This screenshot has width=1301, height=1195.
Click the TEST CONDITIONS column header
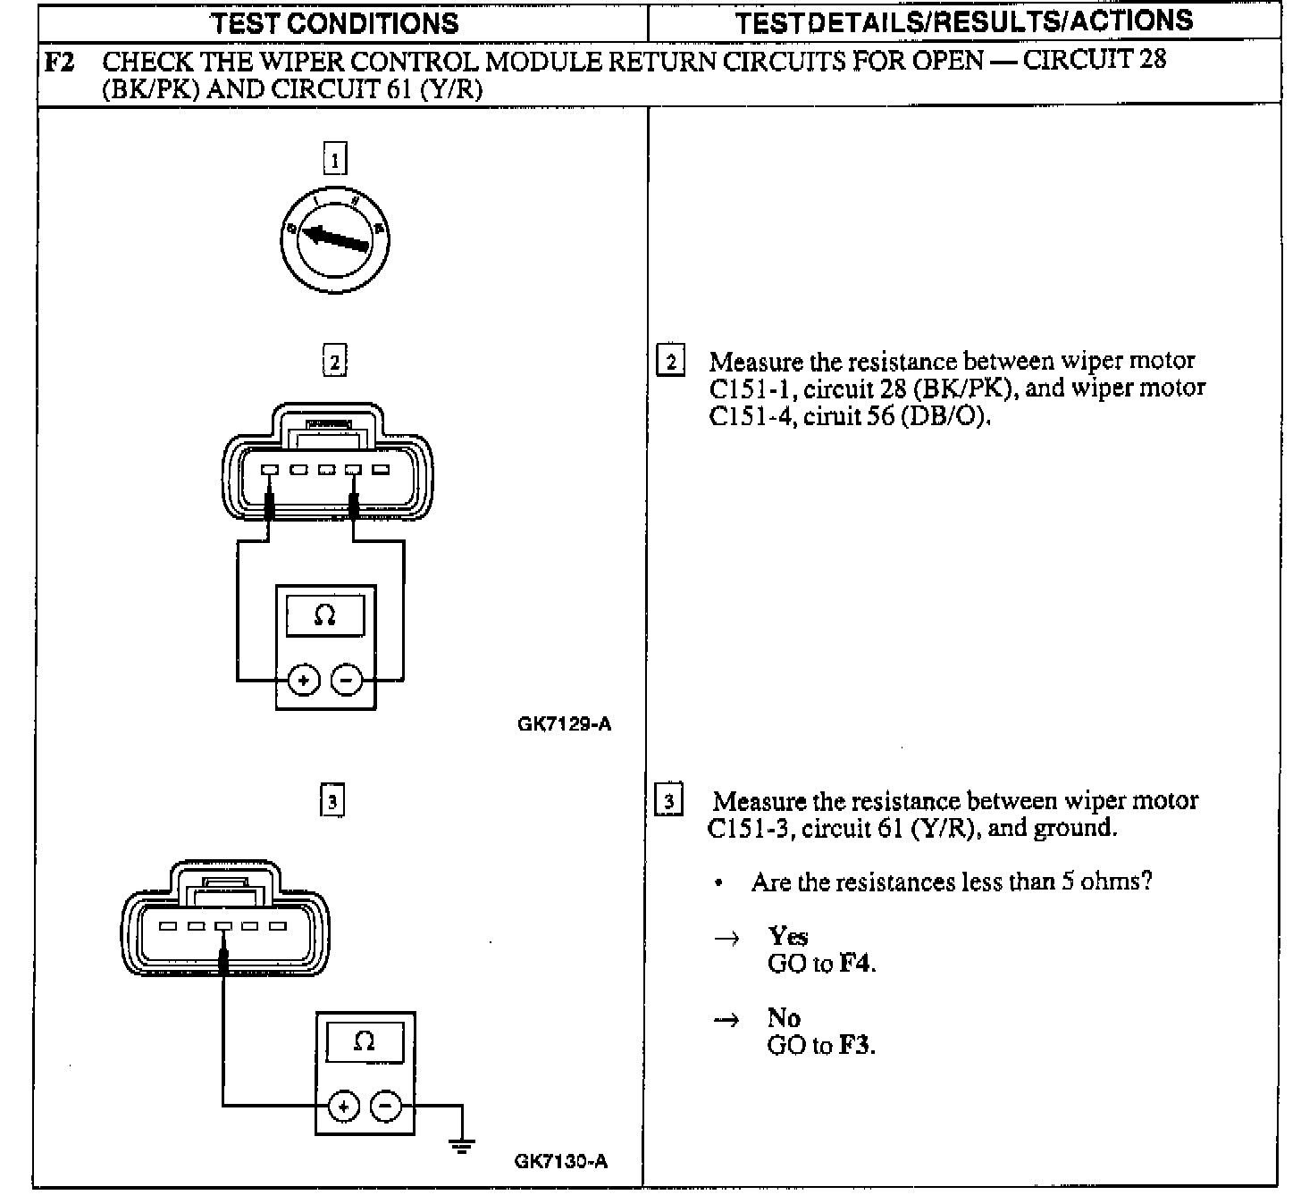click(x=335, y=22)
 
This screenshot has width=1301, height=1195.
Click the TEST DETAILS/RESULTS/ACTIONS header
click(x=963, y=21)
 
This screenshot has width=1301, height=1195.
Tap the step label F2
click(x=59, y=63)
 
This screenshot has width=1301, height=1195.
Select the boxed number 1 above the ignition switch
click(x=334, y=160)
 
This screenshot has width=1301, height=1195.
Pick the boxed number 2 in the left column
click(x=334, y=362)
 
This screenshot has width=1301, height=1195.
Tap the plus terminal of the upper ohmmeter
click(x=304, y=681)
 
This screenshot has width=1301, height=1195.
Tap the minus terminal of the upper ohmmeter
click(x=347, y=681)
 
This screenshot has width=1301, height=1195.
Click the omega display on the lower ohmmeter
click(x=364, y=1041)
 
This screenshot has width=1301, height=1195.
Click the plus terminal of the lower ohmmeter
click(x=342, y=1107)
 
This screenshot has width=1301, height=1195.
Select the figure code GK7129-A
click(x=564, y=723)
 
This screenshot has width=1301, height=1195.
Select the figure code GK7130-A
click(x=561, y=1161)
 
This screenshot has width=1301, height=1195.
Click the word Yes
click(x=787, y=936)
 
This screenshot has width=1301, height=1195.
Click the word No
click(x=783, y=1017)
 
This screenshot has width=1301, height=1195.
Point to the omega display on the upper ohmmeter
click(x=325, y=616)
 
